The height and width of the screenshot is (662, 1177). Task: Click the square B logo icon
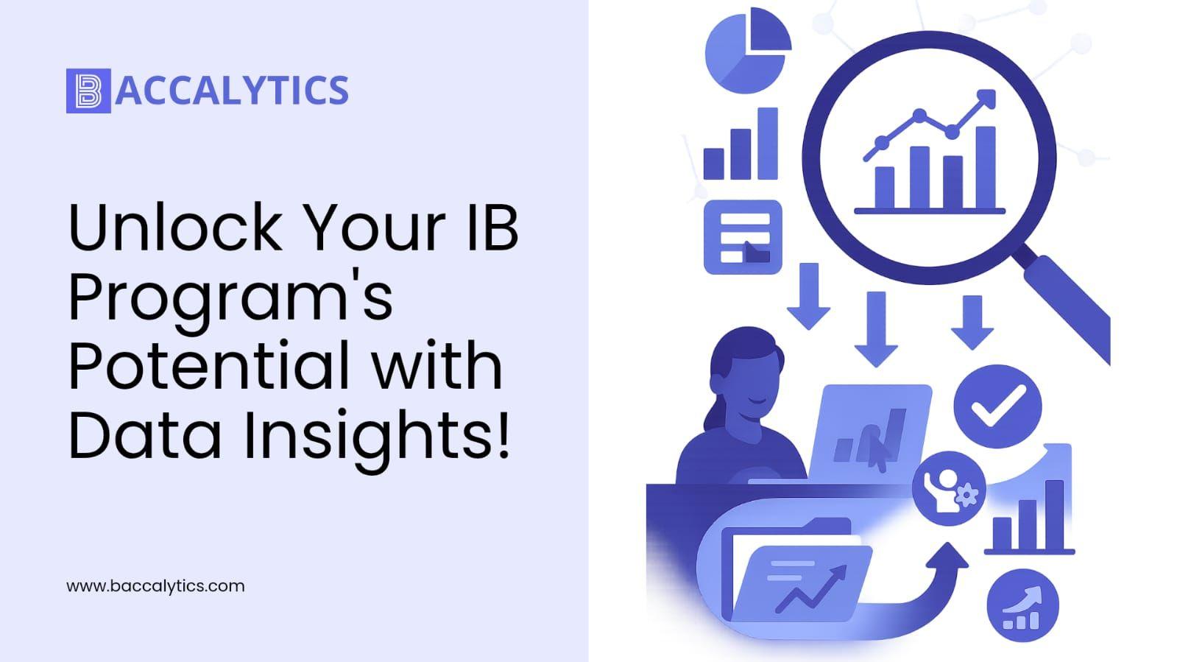(x=88, y=91)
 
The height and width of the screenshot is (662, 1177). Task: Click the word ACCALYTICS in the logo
(x=232, y=91)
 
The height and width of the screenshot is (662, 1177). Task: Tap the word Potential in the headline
(x=210, y=365)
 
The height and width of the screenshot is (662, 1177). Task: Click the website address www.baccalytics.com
(x=155, y=585)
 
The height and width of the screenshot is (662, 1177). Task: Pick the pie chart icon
(x=749, y=51)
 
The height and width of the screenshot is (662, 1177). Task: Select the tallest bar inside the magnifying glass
(x=986, y=168)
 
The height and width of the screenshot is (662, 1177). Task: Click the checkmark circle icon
(x=998, y=406)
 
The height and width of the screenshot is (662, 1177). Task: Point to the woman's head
(x=746, y=371)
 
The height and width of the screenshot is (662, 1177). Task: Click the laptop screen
(x=871, y=433)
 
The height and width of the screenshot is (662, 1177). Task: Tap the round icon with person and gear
(x=949, y=488)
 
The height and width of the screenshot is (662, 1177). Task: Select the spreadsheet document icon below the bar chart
(x=743, y=237)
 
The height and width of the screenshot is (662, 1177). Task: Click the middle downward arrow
(x=876, y=329)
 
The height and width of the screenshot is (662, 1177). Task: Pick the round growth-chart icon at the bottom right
(x=1022, y=605)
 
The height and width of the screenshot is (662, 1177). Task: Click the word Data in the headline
(x=145, y=435)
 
